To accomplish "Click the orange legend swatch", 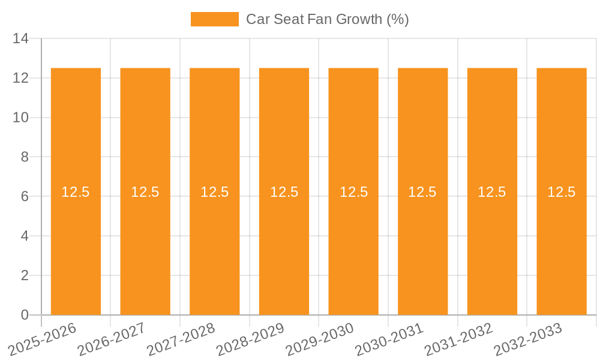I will [214, 19].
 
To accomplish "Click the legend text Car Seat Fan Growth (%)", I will [327, 19].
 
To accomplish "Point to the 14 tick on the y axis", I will [20, 39].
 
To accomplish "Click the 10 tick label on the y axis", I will [20, 118].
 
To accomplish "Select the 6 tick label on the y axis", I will [25, 197].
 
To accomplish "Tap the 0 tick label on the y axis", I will [25, 315].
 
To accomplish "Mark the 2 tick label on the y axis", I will [25, 275].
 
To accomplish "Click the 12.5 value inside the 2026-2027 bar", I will [145, 192].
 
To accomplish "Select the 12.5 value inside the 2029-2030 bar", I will [353, 192].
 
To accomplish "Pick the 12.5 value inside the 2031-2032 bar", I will [492, 192].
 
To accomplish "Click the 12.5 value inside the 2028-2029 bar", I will [284, 192].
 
